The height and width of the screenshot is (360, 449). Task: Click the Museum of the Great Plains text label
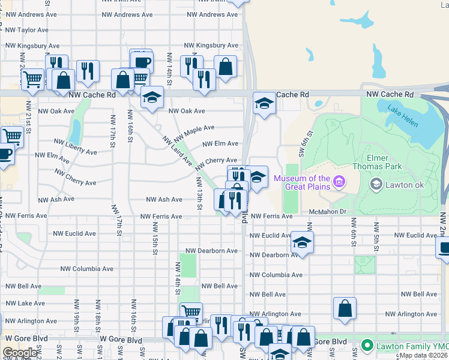[302, 182]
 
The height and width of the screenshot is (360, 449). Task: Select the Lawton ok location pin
[376, 184]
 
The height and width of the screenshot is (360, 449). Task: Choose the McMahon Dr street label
[329, 211]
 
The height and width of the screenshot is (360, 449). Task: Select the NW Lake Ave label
[23, 304]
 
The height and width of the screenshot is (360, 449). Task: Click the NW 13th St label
[199, 193]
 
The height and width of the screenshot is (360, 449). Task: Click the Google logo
[20, 352]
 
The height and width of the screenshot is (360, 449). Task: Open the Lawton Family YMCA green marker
[367, 346]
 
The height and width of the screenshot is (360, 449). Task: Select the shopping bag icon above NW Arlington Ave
[345, 308]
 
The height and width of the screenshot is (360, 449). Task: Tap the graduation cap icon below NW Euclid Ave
[302, 244]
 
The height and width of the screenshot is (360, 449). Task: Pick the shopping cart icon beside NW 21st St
[32, 78]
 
